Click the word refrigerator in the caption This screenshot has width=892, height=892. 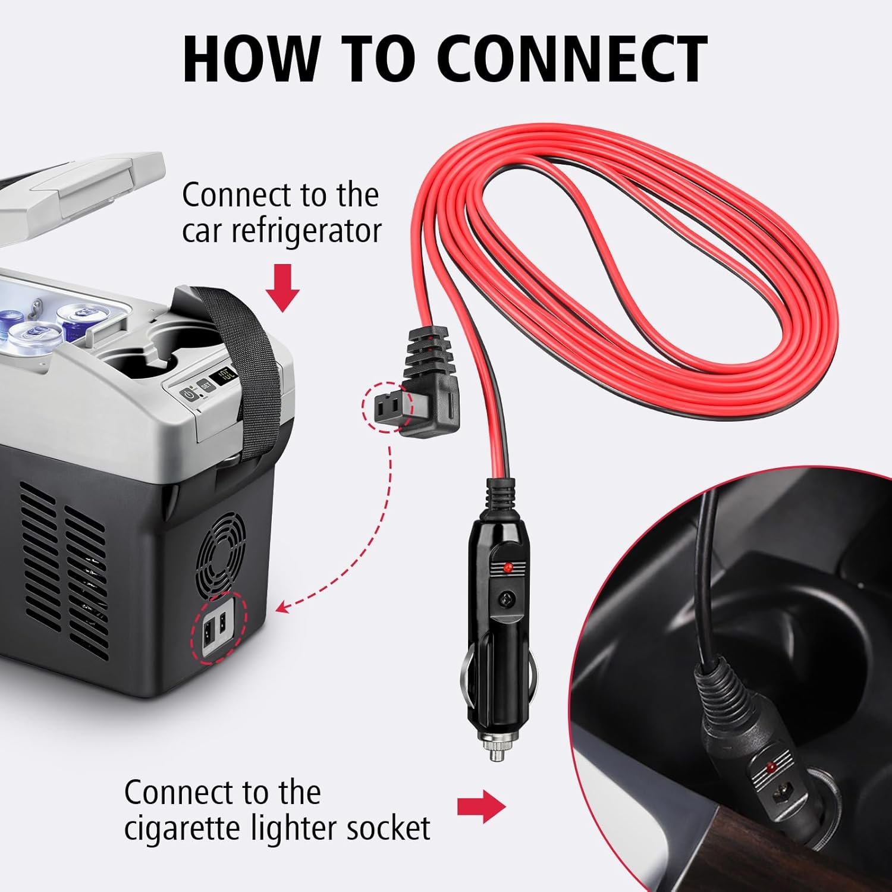pos(281,231)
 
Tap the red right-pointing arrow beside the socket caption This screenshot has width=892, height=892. pos(481,806)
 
